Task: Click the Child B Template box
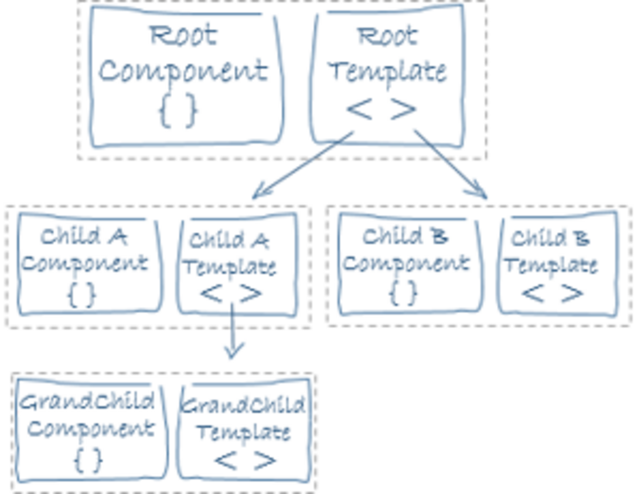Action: coord(557,264)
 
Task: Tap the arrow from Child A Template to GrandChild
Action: coord(233,331)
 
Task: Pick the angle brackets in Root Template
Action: coord(381,109)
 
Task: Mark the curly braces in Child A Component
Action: coord(81,294)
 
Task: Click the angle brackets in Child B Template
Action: coord(553,293)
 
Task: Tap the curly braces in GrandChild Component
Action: coord(88,459)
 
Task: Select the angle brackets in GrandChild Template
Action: coord(245,460)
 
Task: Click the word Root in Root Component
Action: coord(183,35)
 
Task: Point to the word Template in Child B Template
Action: coord(551,266)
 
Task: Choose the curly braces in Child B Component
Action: coord(404,292)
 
